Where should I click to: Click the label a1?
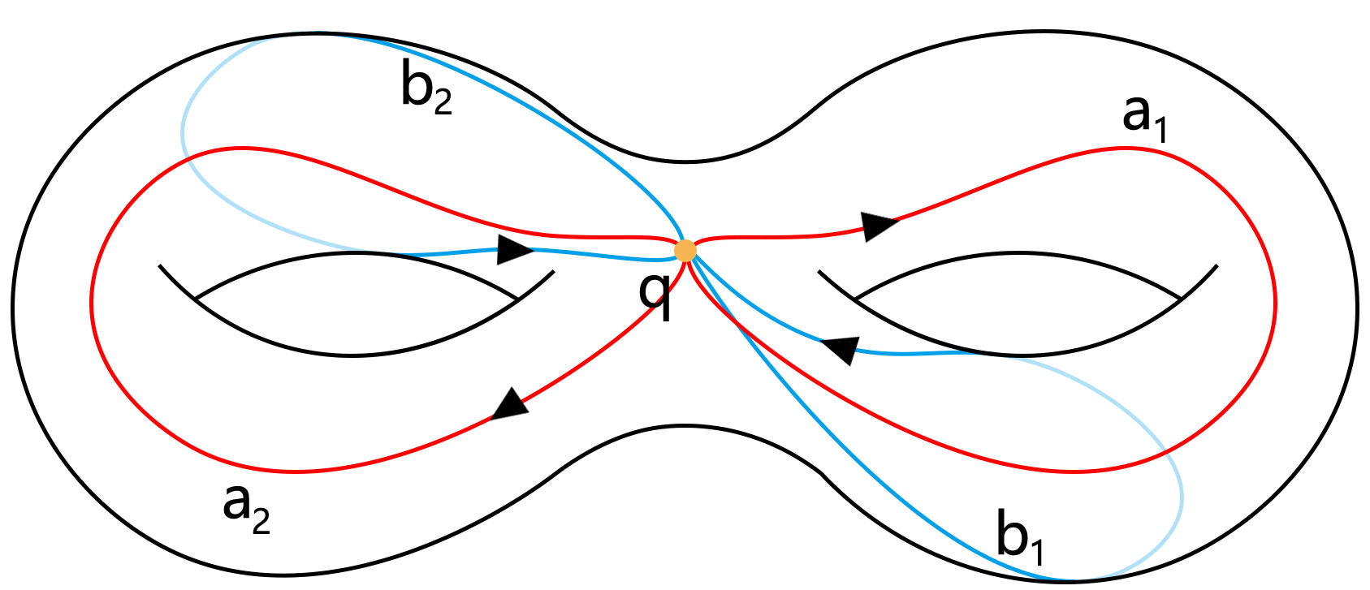pyautogui.click(x=1143, y=116)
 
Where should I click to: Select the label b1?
pyautogui.click(x=1020, y=536)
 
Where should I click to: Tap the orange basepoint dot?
pyautogui.click(x=685, y=251)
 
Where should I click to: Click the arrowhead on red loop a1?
pyautogui.click(x=879, y=225)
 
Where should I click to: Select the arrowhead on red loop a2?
pyautogui.click(x=510, y=404)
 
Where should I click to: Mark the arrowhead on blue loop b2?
pyautogui.click(x=514, y=250)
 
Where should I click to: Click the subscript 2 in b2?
pyautogui.click(x=443, y=101)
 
